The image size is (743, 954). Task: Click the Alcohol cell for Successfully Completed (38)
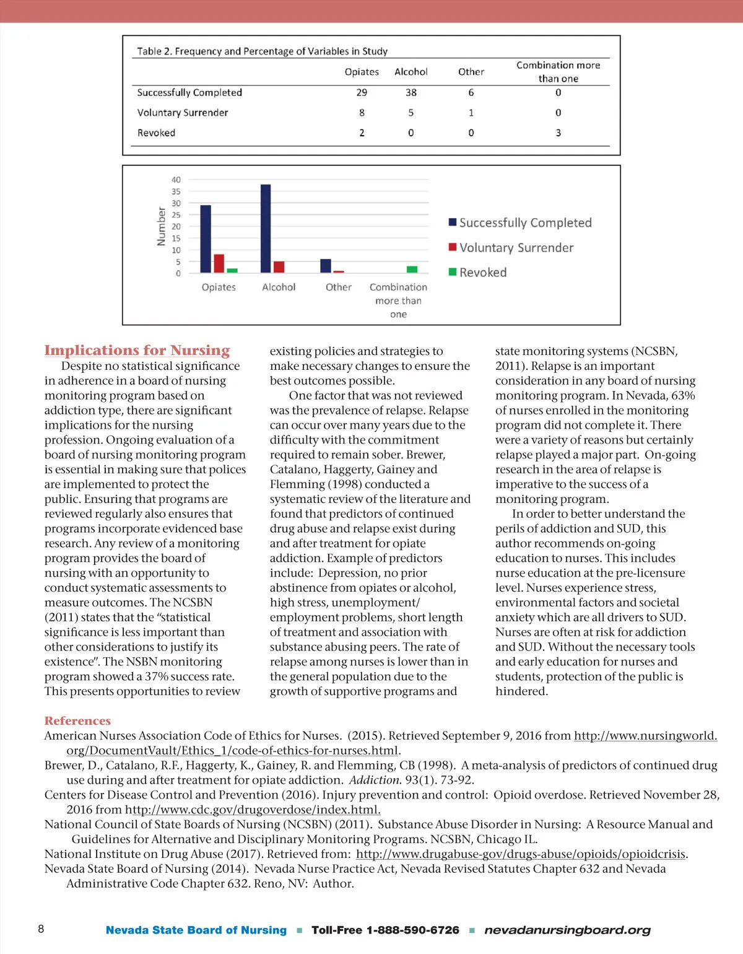(x=411, y=92)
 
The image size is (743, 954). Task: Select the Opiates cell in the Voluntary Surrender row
(x=362, y=113)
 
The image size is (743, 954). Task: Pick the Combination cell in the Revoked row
(x=558, y=133)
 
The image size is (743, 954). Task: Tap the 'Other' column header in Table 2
(x=471, y=72)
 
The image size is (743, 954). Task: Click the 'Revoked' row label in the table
(x=156, y=133)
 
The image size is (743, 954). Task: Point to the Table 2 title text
(x=262, y=51)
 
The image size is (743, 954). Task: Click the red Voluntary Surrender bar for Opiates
(x=219, y=263)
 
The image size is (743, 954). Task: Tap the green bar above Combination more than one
(x=412, y=269)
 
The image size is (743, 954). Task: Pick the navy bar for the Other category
(x=326, y=266)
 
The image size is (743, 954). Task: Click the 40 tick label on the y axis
(x=176, y=180)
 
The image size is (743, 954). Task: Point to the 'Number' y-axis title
(x=161, y=227)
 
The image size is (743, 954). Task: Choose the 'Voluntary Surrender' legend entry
(x=516, y=248)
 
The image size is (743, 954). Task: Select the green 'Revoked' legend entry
(x=482, y=273)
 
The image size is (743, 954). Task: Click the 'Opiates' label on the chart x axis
(x=219, y=287)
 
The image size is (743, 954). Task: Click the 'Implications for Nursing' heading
(x=137, y=351)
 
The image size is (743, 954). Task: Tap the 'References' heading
(x=77, y=721)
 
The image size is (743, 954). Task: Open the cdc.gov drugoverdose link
(x=253, y=810)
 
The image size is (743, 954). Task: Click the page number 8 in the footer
(x=41, y=929)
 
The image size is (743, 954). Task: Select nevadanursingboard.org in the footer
(x=567, y=930)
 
